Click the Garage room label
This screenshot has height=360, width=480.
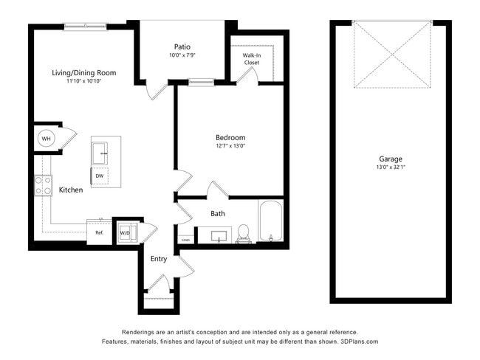[391, 159]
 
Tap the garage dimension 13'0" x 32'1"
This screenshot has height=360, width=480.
[391, 167]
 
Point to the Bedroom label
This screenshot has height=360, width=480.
[230, 137]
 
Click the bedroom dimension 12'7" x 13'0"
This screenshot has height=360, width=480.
[230, 146]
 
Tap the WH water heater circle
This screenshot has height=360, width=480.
[46, 139]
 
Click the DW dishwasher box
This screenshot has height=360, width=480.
[99, 176]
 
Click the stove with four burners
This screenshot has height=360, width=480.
[43, 185]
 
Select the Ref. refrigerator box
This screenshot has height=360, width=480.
[99, 232]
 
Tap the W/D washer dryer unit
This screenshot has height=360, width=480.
[124, 232]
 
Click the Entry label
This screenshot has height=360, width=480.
[159, 259]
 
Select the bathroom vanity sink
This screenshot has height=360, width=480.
[218, 236]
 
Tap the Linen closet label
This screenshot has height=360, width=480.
[185, 239]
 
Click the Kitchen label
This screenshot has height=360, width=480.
[71, 190]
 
